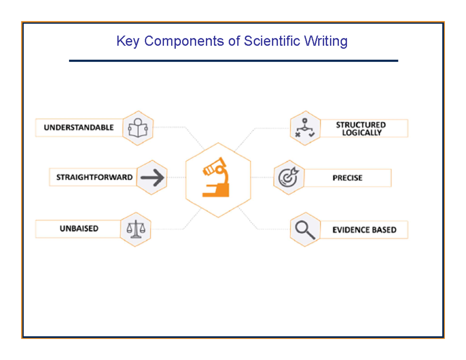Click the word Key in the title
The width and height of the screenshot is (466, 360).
click(x=125, y=41)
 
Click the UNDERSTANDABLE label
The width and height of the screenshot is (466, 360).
click(x=78, y=127)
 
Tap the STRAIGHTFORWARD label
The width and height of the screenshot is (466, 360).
click(x=94, y=177)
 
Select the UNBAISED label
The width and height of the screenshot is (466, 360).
click(x=79, y=229)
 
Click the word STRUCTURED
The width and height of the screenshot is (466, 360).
click(x=361, y=125)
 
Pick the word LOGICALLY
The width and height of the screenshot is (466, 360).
click(x=362, y=132)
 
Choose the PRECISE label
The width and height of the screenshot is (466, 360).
click(x=347, y=178)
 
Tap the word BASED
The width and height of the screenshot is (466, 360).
click(x=384, y=230)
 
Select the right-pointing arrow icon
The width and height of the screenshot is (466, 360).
click(x=152, y=177)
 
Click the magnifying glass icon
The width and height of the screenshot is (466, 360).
click(x=305, y=230)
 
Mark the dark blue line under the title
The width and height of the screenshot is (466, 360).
click(x=233, y=61)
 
